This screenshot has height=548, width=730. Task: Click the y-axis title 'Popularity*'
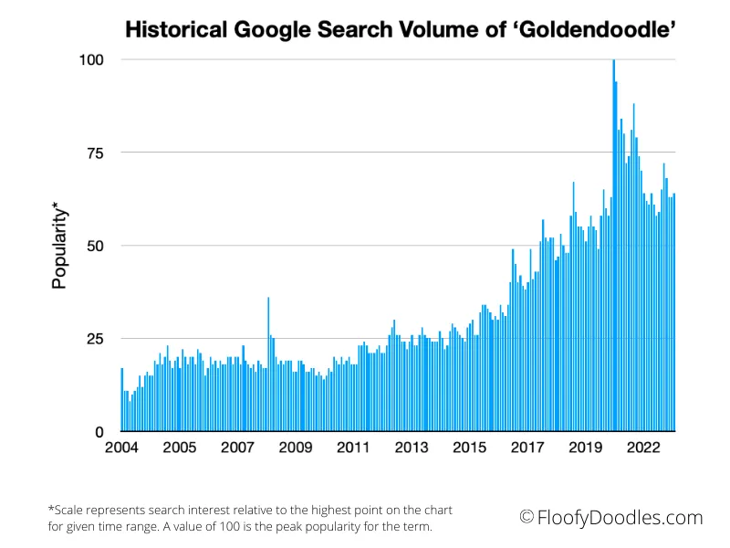pos(60,244)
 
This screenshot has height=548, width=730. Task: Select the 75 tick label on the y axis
pos(96,153)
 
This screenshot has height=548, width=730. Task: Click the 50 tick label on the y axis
pos(96,246)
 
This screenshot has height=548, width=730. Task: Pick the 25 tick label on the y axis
pos(96,339)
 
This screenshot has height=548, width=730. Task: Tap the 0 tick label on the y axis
pos(100,432)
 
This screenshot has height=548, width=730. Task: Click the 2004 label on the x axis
pos(121,448)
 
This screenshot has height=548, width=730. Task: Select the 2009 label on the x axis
pos(296,448)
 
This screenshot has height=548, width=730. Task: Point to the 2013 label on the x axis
pos(412,448)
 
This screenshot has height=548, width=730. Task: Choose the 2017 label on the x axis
pos(527,448)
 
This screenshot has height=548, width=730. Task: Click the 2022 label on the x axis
pos(643,448)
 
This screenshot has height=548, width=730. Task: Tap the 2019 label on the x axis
pos(586,448)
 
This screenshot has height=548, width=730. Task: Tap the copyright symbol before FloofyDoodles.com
pos(527,518)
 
